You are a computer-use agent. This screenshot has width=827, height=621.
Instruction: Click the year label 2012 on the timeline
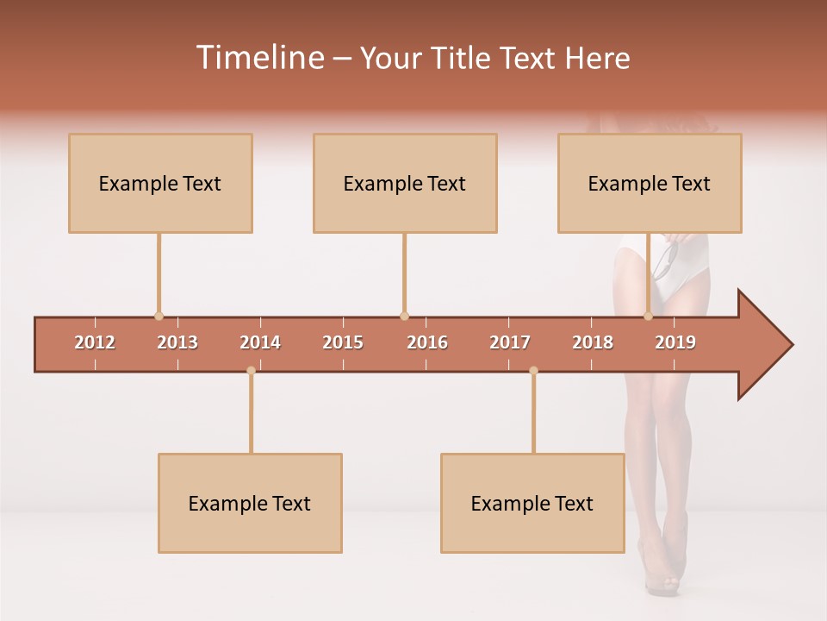tap(95, 342)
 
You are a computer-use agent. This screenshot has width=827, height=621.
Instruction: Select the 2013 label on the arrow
tap(177, 342)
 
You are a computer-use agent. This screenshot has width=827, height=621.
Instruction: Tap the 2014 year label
tap(260, 342)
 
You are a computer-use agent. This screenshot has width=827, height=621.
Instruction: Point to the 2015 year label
tap(343, 342)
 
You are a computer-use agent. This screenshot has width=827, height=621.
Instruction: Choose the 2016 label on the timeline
tap(427, 342)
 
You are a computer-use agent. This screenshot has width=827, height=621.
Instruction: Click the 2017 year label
tap(510, 342)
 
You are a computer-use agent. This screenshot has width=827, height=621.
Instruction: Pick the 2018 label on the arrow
tap(593, 342)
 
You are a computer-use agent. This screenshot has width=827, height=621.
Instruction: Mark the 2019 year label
tap(675, 342)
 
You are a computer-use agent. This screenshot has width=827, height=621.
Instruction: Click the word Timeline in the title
tap(258, 58)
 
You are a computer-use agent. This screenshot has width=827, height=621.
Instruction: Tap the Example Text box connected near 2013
tap(160, 183)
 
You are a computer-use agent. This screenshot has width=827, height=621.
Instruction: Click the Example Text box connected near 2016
tap(405, 183)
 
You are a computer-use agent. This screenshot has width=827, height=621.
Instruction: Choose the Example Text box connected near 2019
tap(650, 183)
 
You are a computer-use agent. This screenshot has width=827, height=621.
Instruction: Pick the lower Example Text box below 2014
tap(250, 503)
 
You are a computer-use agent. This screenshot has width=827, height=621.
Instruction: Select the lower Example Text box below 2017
tap(532, 503)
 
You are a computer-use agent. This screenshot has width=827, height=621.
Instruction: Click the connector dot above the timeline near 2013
tap(159, 317)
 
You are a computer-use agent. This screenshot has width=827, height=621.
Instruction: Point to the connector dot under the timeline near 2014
tap(251, 371)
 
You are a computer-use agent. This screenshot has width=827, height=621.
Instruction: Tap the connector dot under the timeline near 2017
tap(533, 371)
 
